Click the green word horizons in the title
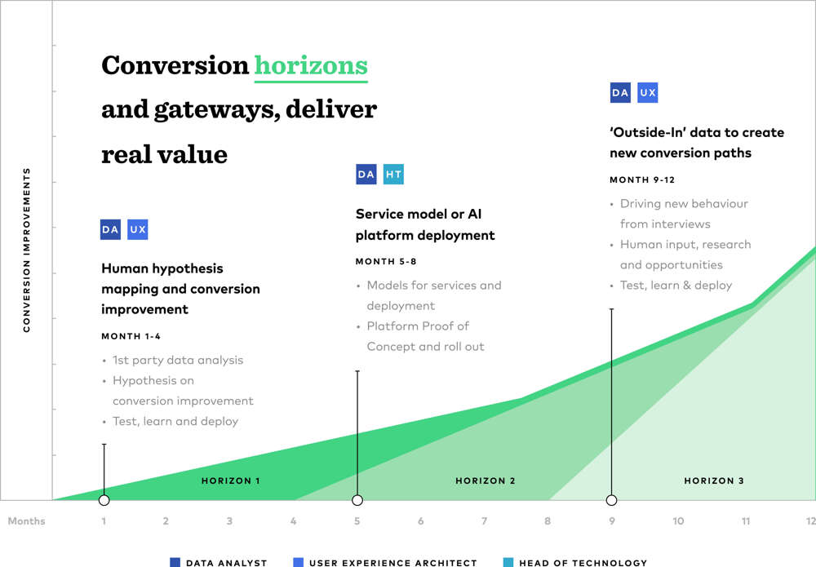point(311,65)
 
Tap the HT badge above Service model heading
point(393,174)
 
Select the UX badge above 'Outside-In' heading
point(647,93)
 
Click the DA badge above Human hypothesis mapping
point(110,230)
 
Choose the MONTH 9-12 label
point(641,179)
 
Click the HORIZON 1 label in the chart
point(231,481)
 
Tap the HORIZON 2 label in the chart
point(485,481)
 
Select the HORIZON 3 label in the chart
point(714,481)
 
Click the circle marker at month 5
point(357,500)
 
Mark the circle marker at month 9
point(611,500)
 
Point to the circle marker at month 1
point(104,500)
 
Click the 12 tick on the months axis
point(810,521)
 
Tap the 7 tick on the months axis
point(484,521)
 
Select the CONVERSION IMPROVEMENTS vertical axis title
point(27,250)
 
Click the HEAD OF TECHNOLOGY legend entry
point(583,562)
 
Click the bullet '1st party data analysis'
point(177,360)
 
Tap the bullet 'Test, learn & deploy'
point(676,286)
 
